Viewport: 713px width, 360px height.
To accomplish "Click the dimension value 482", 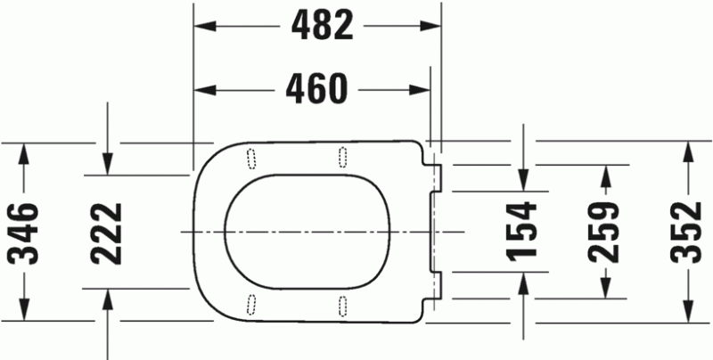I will click(x=318, y=27).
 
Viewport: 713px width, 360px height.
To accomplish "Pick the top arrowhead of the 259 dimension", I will click(x=605, y=173).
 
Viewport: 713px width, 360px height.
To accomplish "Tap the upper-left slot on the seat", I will click(x=250, y=158).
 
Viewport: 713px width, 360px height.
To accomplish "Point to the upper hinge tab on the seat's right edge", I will click(x=436, y=177).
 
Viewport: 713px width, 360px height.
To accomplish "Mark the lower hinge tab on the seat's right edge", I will click(x=436, y=284).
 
